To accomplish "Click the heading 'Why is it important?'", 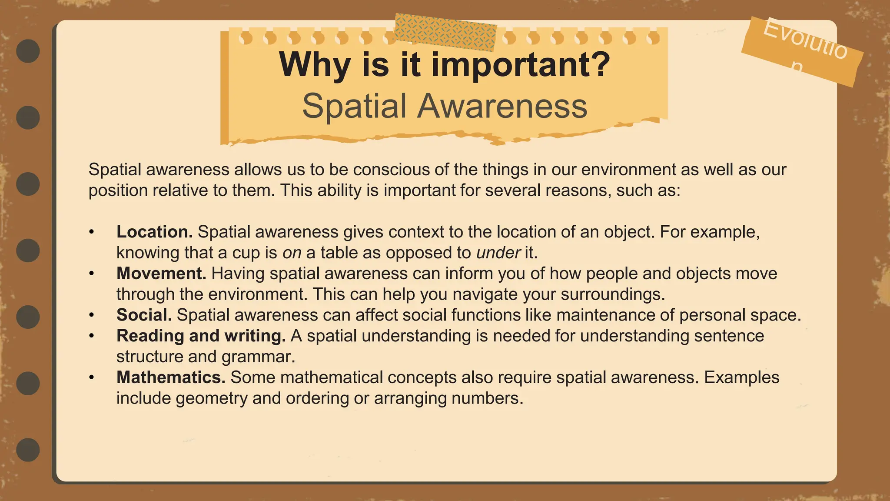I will tap(445, 64).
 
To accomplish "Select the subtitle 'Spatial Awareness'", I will tap(445, 106).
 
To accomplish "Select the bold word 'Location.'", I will tap(154, 232).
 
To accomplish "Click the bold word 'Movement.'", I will tap(161, 274).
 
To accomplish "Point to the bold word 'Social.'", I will tap(144, 315).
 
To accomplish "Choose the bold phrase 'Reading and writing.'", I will tap(201, 336).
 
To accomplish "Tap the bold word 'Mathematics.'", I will tap(171, 377).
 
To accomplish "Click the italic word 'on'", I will tap(292, 253).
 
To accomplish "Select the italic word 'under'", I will tap(498, 253).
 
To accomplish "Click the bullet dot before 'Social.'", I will tap(91, 315).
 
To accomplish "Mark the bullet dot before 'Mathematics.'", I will tap(91, 377).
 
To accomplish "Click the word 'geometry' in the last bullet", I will tap(212, 398).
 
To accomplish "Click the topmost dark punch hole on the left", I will tap(28, 51).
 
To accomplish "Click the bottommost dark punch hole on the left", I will tap(28, 450).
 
